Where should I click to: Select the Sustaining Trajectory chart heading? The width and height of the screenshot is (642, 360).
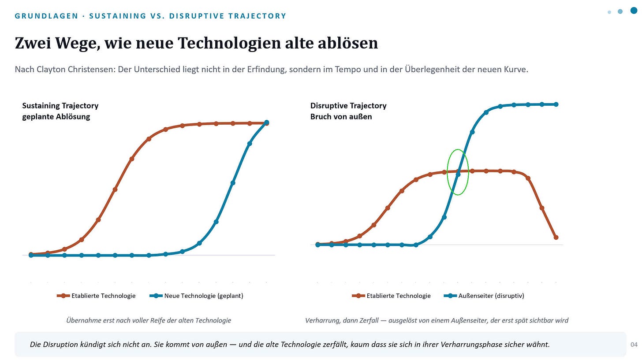(60, 106)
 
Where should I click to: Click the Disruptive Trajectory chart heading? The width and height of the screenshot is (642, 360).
(348, 106)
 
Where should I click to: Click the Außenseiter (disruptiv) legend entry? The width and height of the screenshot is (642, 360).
(484, 296)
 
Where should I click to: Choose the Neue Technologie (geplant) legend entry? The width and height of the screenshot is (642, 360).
(196, 296)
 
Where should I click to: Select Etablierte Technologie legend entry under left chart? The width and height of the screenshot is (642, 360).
(96, 296)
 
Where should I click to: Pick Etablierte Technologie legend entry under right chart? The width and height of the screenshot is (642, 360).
(391, 296)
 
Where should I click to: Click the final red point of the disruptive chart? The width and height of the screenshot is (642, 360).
(556, 238)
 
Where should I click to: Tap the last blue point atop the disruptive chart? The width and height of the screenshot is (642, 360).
(556, 104)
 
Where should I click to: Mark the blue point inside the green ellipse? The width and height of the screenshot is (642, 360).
(458, 174)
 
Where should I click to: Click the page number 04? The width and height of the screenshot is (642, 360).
(634, 345)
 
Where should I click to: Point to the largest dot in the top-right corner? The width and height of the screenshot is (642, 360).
(634, 11)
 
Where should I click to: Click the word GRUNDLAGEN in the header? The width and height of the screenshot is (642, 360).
(46, 16)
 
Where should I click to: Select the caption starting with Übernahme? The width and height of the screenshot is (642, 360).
(149, 320)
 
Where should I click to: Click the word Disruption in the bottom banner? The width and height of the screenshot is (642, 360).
(60, 345)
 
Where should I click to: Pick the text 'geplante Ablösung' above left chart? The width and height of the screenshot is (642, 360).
(56, 117)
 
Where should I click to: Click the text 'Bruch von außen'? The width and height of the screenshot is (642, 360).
(341, 117)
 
